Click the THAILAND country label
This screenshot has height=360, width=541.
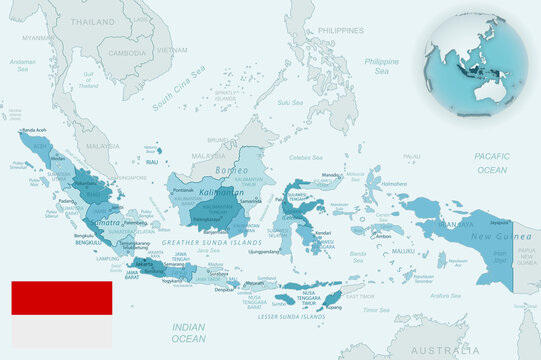click(x=92, y=21)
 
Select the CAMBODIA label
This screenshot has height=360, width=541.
click(x=127, y=52)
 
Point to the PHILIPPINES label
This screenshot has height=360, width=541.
click(x=340, y=31)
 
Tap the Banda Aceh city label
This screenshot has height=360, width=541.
click(x=35, y=131)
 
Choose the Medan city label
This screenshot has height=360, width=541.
click(x=58, y=157)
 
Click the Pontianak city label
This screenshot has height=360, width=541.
click(x=183, y=190)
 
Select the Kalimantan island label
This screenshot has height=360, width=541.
click(x=217, y=191)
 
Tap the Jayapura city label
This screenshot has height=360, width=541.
click(x=499, y=223)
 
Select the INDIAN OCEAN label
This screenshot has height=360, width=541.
click(x=189, y=333)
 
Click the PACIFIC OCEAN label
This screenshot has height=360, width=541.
click(x=492, y=162)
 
